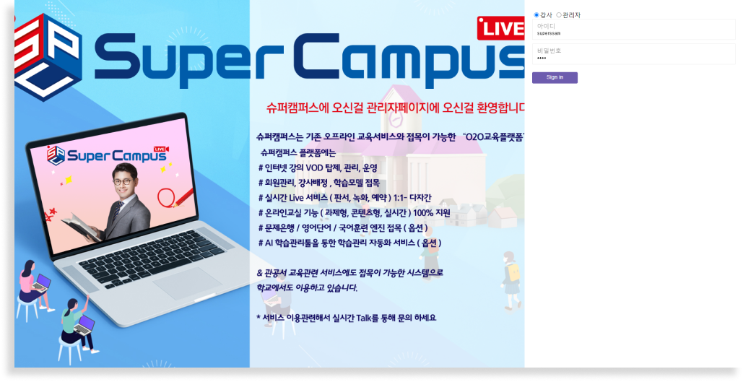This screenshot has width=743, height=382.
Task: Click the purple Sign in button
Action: pos(555,78)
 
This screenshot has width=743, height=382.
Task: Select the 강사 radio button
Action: pos(536,15)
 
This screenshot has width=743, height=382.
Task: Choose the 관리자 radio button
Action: pos(559,15)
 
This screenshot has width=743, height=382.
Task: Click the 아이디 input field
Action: pos(633,30)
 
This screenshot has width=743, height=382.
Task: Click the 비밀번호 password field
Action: pos(633,54)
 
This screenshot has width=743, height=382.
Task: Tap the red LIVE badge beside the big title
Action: pos(501,28)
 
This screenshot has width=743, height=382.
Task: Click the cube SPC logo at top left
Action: pos(47,57)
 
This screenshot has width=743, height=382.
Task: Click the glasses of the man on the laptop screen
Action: pos(122,181)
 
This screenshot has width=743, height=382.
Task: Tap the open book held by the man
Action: pos(81,225)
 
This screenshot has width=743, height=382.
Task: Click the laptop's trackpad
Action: pos(187,283)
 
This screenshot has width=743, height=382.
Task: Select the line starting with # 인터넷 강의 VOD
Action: pos(318,168)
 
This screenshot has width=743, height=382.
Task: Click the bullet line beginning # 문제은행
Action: pos(343,228)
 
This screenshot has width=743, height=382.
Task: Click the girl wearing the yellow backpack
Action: pos(510,279)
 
